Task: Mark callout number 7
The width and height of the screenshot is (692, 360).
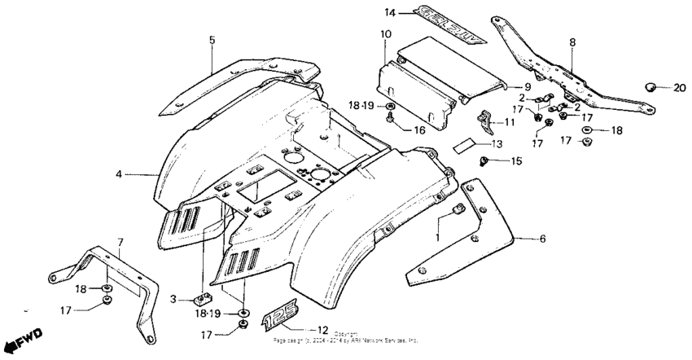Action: point(120,242)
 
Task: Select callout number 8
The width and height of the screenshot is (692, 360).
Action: point(572,41)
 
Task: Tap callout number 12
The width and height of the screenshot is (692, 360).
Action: point(322,330)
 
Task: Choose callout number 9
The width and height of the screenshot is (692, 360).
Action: point(527,86)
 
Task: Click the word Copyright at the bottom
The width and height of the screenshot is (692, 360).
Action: point(345,334)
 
